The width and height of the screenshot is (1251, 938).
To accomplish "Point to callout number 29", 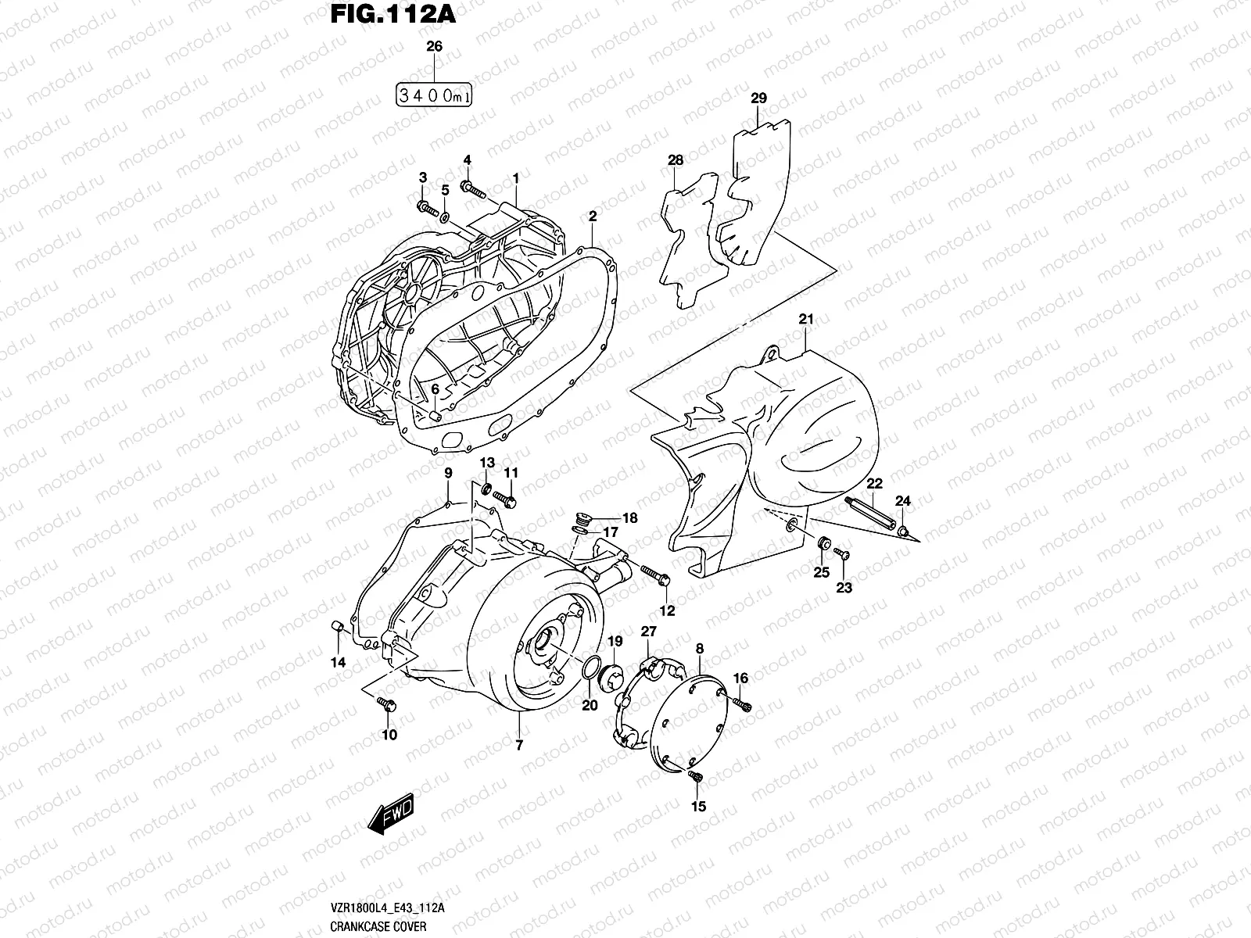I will (x=758, y=98).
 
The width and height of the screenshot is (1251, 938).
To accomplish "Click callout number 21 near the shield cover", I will (x=806, y=319).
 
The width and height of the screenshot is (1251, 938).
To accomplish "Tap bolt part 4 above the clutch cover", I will (x=474, y=188).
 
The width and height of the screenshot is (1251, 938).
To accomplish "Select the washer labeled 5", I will (x=444, y=215).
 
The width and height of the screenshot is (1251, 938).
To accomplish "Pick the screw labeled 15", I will (x=696, y=775).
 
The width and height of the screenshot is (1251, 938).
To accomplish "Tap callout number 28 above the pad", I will (x=675, y=160).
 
